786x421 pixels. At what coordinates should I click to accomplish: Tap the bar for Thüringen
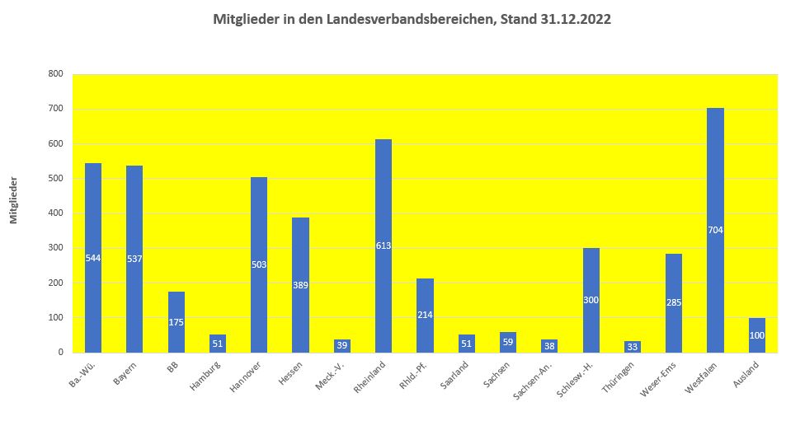pos(633,347)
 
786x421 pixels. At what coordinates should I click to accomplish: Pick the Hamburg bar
pos(218,344)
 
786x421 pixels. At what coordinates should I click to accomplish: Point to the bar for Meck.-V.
pos(341,346)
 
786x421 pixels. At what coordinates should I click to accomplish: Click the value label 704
pos(715,230)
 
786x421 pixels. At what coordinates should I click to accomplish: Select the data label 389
pos(300,285)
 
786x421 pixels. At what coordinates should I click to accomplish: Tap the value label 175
pos(176,322)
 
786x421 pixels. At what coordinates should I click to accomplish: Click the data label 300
pos(591,300)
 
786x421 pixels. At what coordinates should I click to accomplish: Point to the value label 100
pos(757,335)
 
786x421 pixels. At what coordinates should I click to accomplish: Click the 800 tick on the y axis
pos(56,74)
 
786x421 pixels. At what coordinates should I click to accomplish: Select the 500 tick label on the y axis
pos(56,179)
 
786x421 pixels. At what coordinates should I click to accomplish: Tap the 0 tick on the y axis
pos(60,353)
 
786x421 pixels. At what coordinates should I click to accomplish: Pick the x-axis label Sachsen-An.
pos(534,380)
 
